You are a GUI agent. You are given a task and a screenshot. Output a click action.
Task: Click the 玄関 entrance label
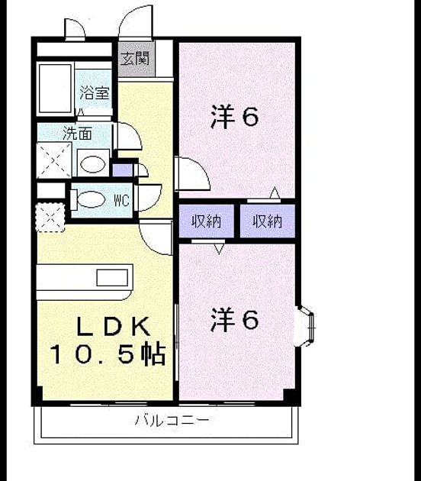pos(134,58)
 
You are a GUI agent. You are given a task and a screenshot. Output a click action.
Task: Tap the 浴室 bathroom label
pos(95,92)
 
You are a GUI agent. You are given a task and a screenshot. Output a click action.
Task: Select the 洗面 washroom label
pos(77,134)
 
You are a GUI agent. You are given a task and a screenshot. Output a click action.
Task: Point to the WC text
pos(122,201)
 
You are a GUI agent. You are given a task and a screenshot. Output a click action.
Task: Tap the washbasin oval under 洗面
pos(93,164)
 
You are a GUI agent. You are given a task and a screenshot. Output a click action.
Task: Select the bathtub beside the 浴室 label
pos(55,89)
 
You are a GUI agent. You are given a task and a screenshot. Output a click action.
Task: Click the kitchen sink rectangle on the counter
pos(112,278)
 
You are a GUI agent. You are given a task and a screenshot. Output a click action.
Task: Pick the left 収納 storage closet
pos(206,221)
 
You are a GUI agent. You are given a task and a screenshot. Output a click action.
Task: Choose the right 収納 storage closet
pos(267,221)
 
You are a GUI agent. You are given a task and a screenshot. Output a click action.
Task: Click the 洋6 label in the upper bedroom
pos(234,117)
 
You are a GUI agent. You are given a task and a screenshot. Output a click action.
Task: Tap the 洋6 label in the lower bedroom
pos(234,320)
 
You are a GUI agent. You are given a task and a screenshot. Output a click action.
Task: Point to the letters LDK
pos(113,326)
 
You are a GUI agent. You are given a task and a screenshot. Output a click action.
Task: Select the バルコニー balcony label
pos(172,420)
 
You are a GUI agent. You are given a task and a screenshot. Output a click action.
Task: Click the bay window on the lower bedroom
pos(305,326)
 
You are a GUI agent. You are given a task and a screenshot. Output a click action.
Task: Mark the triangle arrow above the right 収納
pos(275,192)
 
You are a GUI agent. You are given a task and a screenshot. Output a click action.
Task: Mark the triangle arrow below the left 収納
pos(219,249)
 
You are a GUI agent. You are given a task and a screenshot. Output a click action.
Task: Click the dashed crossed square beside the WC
pos(50,217)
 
